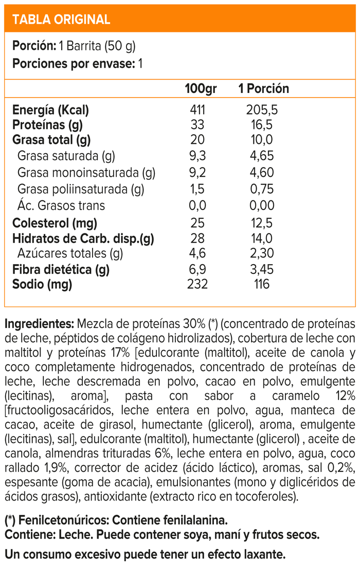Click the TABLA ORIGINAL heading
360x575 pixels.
61,20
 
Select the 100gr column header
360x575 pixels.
201,88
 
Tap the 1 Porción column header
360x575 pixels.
263,88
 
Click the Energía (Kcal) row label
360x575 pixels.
50,110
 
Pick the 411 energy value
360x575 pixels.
197,110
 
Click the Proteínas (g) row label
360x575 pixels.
47,125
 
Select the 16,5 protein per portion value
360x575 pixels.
262,125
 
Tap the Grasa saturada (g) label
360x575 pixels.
66,156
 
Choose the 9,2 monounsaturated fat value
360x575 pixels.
197,173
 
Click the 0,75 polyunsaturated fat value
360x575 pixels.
262,189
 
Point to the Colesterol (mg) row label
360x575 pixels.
55,224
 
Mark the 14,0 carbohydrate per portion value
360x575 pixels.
262,238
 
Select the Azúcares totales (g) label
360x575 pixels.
70,253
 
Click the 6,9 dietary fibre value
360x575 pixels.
197,269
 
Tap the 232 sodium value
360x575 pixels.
197,284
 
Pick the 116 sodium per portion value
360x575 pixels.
262,284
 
